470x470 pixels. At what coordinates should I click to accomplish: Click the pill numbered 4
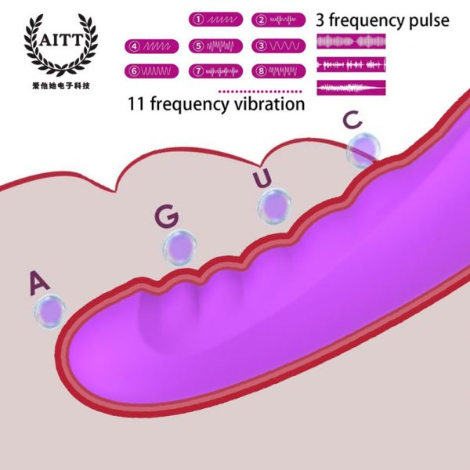[152, 45]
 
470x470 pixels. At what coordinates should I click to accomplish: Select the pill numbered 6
[152, 70]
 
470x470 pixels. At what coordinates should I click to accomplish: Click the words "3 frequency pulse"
[383, 20]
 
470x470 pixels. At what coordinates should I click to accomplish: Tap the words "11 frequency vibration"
[216, 104]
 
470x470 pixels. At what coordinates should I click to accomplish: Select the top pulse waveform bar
[351, 40]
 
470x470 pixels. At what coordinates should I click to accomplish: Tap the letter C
[353, 120]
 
